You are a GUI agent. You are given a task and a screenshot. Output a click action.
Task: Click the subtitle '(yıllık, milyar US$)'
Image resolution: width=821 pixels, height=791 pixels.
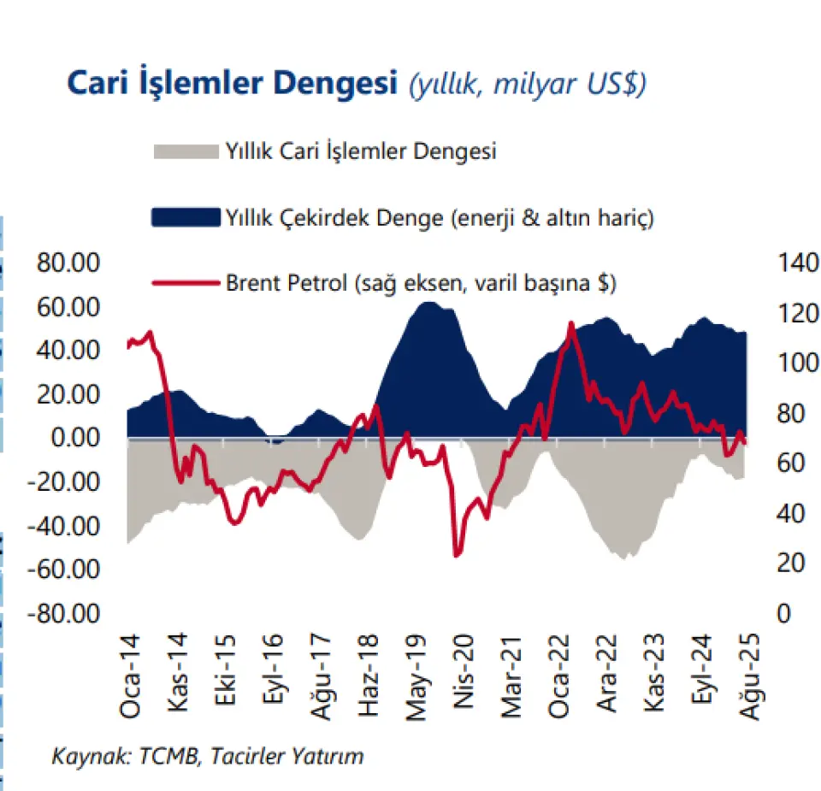(527, 84)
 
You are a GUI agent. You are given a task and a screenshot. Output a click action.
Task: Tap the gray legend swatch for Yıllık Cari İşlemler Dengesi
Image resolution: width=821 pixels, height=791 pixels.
(185, 152)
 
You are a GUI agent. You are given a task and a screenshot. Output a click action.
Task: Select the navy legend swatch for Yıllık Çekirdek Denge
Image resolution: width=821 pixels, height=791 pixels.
(185, 217)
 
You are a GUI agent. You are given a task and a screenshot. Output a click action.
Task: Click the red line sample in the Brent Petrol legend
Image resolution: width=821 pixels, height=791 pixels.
(185, 282)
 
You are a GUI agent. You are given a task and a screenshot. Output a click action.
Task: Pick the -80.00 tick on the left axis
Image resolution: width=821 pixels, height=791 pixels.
(67, 613)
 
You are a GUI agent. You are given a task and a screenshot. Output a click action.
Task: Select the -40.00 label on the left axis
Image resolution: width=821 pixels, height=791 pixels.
(67, 525)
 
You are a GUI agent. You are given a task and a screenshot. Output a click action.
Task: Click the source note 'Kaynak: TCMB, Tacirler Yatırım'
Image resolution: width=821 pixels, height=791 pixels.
(208, 756)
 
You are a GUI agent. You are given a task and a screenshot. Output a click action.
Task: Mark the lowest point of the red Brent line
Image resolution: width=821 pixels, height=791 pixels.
(456, 556)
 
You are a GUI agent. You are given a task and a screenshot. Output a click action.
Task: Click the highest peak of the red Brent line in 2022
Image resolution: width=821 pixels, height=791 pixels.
(570, 323)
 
